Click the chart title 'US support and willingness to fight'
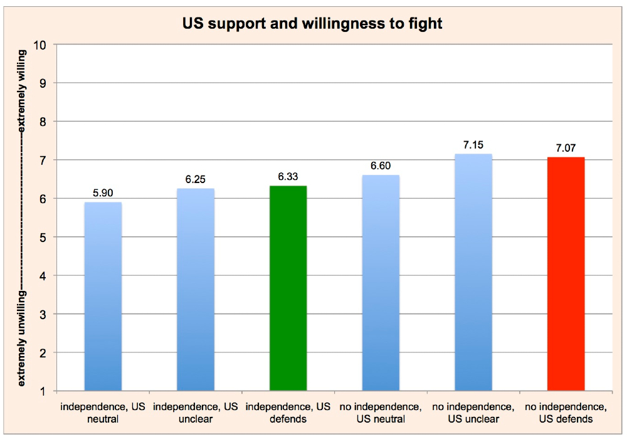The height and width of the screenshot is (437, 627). pos(313,24)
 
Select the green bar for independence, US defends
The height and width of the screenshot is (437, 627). pos(288,288)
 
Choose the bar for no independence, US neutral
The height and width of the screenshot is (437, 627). pos(381,283)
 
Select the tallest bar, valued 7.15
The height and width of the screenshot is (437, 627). pos(473,272)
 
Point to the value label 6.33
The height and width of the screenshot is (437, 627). pos(288,177)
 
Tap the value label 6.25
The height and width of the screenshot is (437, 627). pos(196,179)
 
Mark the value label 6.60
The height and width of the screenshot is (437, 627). pos(381,166)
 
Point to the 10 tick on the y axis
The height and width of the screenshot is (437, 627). pos(45,45)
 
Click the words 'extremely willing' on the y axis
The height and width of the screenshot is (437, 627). pos(22,90)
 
